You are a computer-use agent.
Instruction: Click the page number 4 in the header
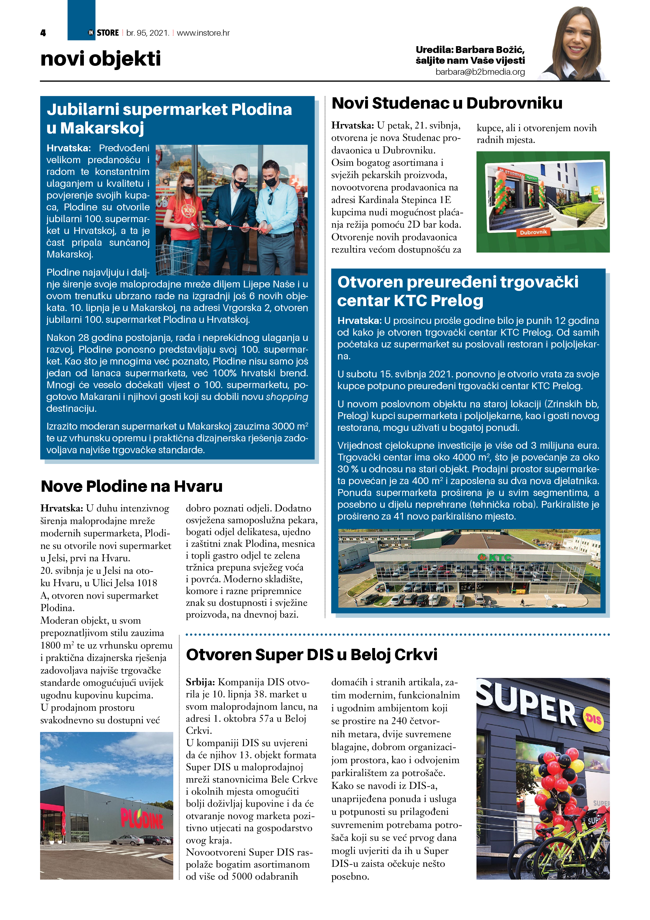43,33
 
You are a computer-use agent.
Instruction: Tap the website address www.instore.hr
203,33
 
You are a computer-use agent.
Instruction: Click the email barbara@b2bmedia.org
480,72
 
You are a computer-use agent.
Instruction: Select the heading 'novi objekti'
101,58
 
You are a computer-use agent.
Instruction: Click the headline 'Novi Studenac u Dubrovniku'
447,103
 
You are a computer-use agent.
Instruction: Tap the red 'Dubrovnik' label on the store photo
533,232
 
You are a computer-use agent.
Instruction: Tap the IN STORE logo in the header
104,33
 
